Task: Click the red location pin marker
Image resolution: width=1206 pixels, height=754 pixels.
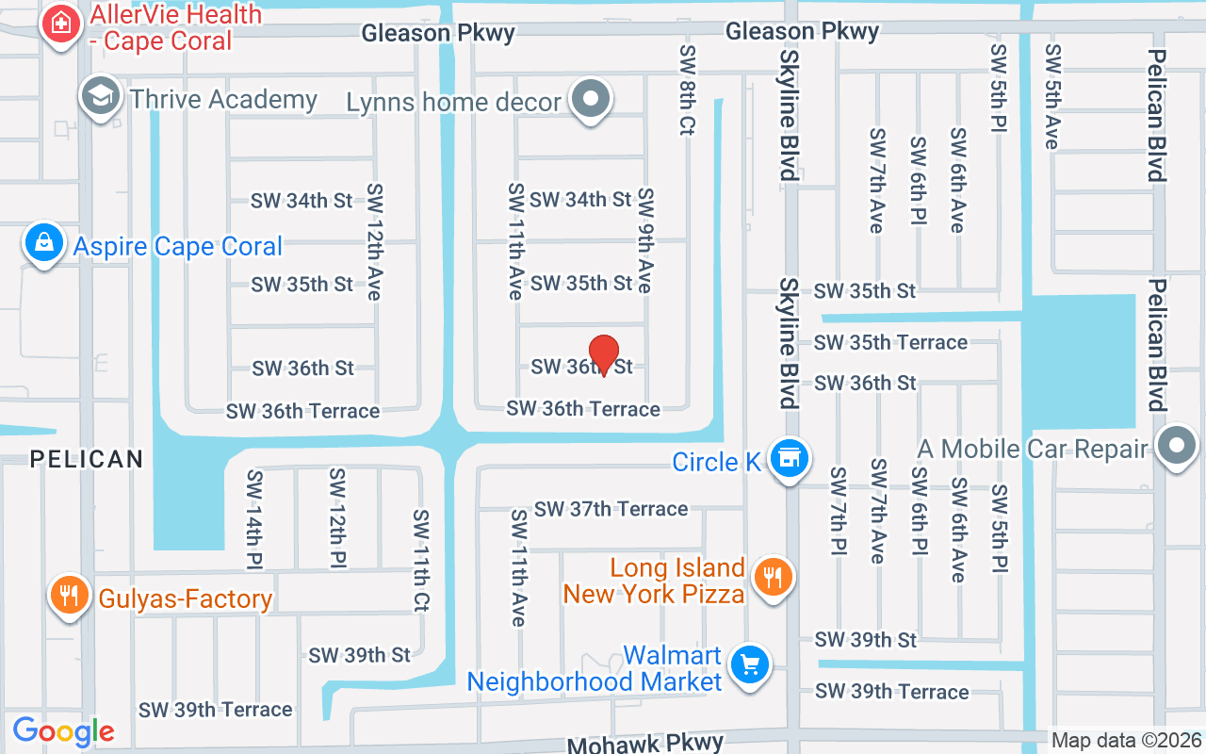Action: coord(603,355)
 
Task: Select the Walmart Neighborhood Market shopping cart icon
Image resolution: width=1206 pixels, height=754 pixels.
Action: coord(751,665)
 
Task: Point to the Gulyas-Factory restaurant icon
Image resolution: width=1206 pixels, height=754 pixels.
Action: coord(69,595)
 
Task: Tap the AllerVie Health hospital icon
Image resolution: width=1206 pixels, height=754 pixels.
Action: coord(61,24)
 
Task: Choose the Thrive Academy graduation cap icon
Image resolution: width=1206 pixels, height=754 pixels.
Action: coord(100,96)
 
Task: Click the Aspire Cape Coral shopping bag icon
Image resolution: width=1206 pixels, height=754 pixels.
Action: coord(44,242)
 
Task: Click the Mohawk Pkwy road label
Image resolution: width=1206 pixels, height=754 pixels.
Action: coord(645,744)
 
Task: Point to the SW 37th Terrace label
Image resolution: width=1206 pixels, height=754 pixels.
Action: coord(611,509)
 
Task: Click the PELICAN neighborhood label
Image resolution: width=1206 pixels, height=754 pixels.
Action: coord(87,459)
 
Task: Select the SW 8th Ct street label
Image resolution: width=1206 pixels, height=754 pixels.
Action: coord(687,90)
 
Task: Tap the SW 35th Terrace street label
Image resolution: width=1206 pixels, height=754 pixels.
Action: coord(890,342)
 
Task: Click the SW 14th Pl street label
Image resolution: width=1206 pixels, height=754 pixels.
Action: coord(253,518)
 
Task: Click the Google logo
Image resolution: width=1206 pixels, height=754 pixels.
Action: coord(63,730)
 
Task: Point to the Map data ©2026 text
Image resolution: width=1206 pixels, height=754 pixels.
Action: coord(1126,741)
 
